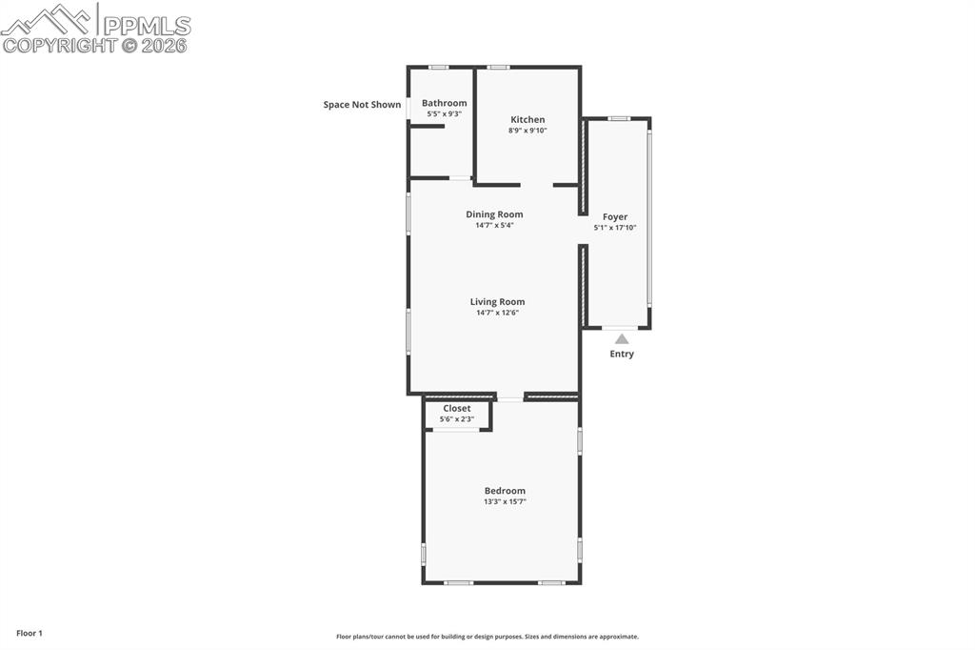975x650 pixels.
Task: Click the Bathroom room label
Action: tap(444, 103)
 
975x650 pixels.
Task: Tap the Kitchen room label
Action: tap(527, 120)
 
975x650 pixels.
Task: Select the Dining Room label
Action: tap(494, 214)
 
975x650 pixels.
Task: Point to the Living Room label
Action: tap(497, 302)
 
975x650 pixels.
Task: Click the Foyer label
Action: tap(615, 217)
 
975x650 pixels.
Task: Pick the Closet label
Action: tap(457, 409)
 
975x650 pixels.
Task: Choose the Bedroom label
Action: tap(505, 491)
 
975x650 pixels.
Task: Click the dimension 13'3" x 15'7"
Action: tap(505, 501)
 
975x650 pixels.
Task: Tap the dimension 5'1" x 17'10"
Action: tap(615, 228)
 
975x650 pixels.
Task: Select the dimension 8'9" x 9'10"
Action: tap(527, 131)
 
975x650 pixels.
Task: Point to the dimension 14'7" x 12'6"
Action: tap(497, 313)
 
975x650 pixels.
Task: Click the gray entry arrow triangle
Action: tap(622, 338)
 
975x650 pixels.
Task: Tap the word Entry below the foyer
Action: tap(622, 355)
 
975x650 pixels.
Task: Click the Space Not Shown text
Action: tap(362, 105)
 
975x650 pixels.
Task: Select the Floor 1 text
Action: tap(30, 633)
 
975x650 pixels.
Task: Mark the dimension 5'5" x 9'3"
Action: tap(444, 114)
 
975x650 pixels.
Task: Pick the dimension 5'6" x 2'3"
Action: tap(457, 419)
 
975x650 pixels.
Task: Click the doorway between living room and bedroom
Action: tap(510, 398)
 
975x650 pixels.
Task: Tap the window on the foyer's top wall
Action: tap(619, 118)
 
